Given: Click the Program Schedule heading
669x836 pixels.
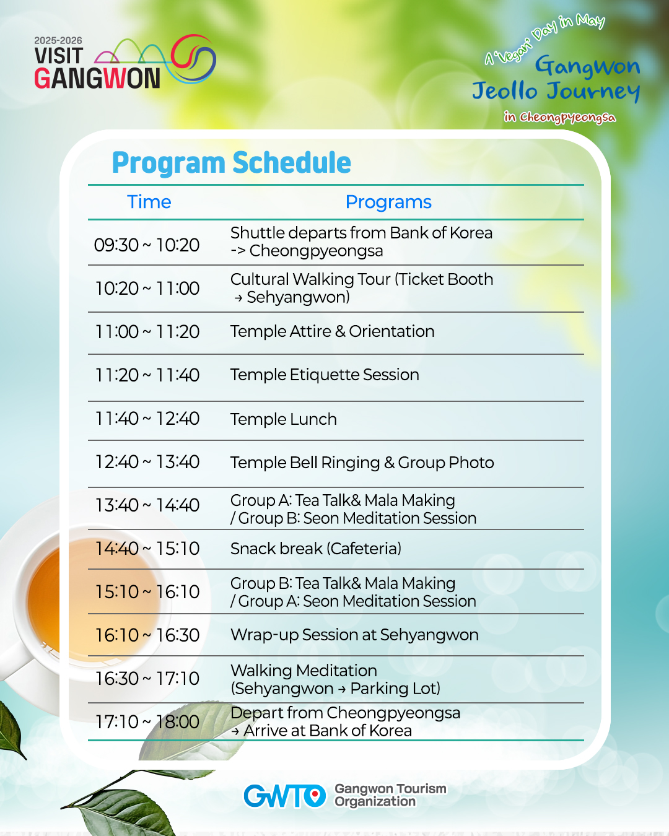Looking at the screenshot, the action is [231, 163].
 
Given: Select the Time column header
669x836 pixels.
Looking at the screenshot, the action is [149, 202].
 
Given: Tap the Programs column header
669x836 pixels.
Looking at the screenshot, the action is [388, 202].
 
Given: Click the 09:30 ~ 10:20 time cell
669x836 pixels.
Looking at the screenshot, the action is [147, 245].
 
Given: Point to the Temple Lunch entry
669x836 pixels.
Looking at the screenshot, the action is [283, 419].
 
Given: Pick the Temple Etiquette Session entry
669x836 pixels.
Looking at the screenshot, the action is [325, 375].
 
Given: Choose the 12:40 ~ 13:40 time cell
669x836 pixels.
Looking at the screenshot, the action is [147, 462].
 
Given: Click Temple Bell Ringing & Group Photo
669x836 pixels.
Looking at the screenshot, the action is [362, 463].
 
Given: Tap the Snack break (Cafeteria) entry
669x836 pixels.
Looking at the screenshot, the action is [316, 549].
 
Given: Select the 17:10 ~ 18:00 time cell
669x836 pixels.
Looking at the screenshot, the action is [147, 721].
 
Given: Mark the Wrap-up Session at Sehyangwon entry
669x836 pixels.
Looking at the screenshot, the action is [354, 635].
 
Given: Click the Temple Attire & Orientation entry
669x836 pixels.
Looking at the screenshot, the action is [333, 331].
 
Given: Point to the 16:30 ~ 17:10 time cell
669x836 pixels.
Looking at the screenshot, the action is [147, 678].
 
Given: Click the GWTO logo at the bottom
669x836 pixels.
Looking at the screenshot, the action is [284, 796].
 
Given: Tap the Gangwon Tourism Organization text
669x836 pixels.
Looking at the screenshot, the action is [391, 795].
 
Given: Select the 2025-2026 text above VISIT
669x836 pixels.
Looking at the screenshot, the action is [58, 40].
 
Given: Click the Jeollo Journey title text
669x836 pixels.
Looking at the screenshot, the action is [556, 91].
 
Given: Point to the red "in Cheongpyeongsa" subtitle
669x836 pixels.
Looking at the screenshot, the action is [560, 117].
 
